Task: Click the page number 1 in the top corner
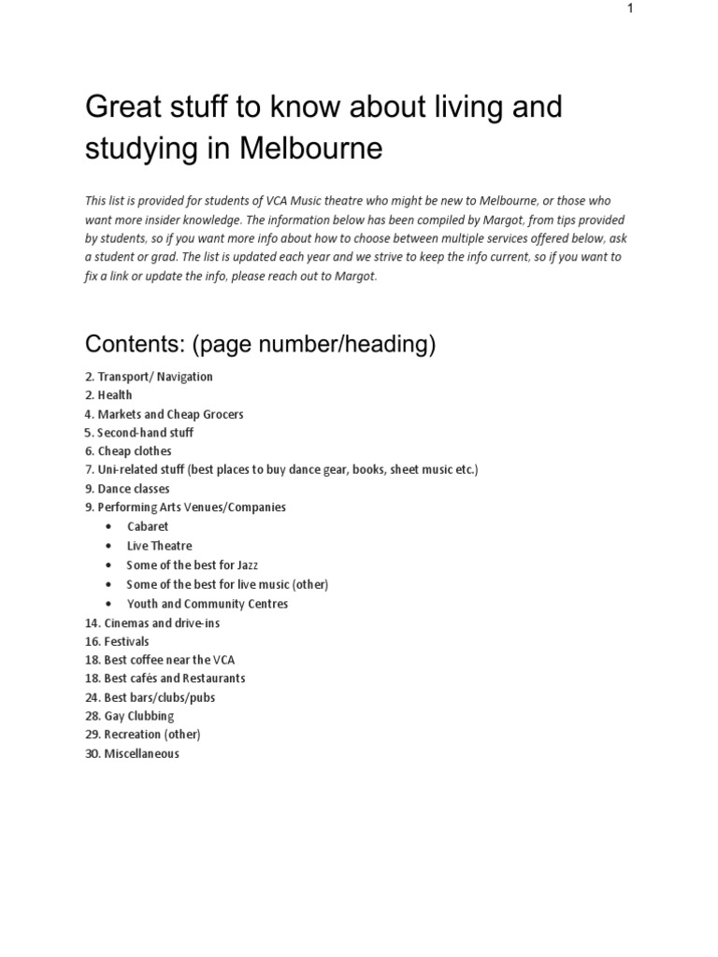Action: (x=631, y=8)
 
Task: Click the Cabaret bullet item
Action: (x=148, y=527)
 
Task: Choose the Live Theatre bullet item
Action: (x=159, y=546)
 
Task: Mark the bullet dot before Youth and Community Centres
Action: (x=109, y=604)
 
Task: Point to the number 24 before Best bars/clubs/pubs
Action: (x=92, y=697)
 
